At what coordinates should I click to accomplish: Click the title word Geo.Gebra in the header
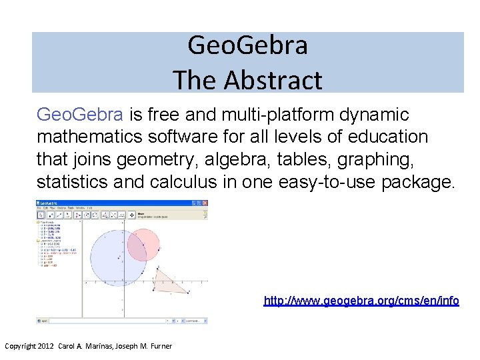point(247,46)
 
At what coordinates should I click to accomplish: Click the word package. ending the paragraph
point(418,181)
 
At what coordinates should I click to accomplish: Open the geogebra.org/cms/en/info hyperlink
point(361,301)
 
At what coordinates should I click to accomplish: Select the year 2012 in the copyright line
point(47,346)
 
